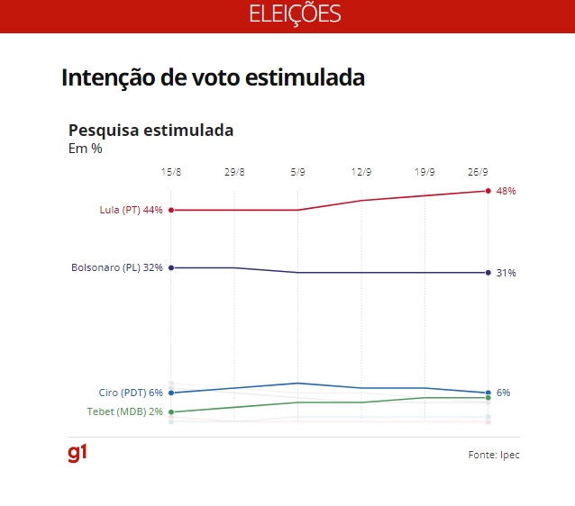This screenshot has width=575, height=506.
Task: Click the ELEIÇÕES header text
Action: click(x=295, y=14)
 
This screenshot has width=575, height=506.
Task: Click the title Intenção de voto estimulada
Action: click(x=213, y=77)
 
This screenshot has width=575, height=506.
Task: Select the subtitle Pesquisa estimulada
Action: click(x=151, y=130)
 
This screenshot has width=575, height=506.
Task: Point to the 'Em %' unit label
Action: click(x=85, y=149)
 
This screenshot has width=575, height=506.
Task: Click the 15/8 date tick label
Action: click(x=170, y=172)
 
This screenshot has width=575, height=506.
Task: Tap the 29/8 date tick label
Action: click(x=234, y=172)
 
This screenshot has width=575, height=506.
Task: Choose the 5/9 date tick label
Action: click(x=297, y=172)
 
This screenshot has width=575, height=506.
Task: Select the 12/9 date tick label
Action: click(x=361, y=172)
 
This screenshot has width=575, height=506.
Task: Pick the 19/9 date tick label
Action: click(x=424, y=172)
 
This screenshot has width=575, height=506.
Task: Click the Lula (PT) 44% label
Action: click(x=131, y=210)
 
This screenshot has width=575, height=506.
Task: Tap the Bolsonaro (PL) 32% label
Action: click(x=117, y=267)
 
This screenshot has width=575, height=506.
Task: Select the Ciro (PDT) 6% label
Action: click(x=131, y=393)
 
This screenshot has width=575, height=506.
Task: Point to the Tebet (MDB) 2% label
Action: click(x=125, y=411)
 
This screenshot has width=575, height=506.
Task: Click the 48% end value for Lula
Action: click(x=506, y=191)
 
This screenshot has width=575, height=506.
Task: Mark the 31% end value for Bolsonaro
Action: click(x=506, y=273)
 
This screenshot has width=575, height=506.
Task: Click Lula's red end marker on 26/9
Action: click(x=488, y=191)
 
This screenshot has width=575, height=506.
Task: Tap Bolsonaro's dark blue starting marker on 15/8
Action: click(x=170, y=267)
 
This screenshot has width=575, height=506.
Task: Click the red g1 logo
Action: click(x=78, y=453)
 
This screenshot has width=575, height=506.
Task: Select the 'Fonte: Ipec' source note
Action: click(x=494, y=455)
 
